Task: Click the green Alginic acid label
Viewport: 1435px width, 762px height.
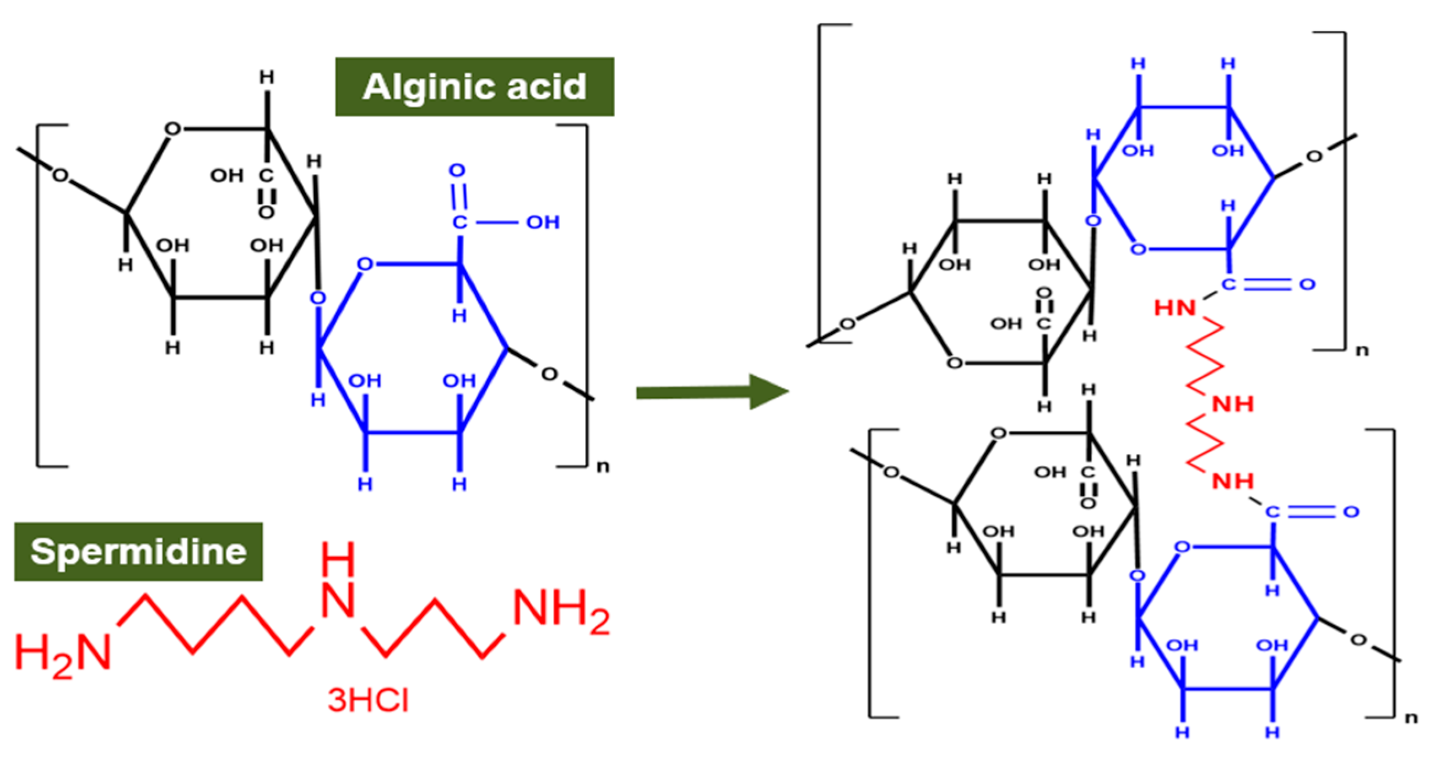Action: click(x=474, y=87)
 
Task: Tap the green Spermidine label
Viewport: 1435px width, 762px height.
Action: click(x=138, y=552)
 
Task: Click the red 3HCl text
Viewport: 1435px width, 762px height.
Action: click(x=368, y=700)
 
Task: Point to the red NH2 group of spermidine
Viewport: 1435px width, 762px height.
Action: click(x=560, y=610)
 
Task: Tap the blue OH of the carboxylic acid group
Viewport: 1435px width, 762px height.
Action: click(x=543, y=223)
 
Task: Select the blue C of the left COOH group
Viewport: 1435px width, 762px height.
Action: click(x=459, y=223)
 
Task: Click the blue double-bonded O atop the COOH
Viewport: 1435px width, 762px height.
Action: click(x=457, y=170)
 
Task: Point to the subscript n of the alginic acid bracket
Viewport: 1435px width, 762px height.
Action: click(x=603, y=466)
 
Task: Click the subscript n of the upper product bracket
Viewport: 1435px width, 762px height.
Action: click(x=1362, y=350)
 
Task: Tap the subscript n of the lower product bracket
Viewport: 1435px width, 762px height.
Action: click(x=1411, y=717)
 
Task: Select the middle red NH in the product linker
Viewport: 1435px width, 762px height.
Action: click(x=1233, y=404)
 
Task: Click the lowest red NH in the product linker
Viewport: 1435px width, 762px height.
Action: click(x=1233, y=480)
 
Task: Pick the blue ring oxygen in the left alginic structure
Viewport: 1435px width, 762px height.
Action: click(x=365, y=263)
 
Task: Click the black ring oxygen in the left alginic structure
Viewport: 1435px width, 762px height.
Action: click(x=172, y=130)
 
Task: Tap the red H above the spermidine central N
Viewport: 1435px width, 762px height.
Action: click(x=338, y=559)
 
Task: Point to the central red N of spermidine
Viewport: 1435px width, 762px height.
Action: click(x=338, y=601)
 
